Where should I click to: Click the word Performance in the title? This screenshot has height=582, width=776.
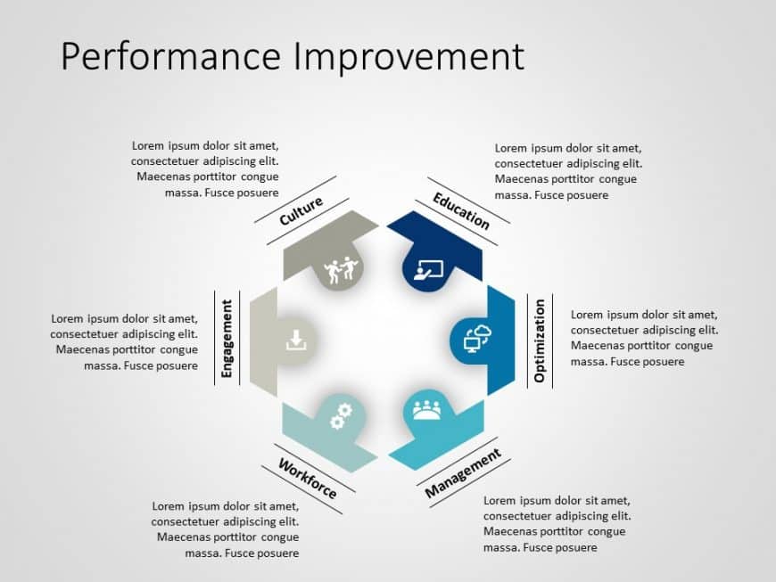click(170, 57)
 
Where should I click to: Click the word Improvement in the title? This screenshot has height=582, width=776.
click(408, 57)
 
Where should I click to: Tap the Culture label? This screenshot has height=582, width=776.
click(301, 210)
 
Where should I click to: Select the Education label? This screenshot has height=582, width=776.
click(461, 210)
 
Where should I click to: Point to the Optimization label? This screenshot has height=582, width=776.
click(540, 340)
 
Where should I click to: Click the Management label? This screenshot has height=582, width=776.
click(463, 473)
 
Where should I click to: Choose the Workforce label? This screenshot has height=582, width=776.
click(308, 479)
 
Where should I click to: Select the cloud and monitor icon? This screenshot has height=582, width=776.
click(478, 338)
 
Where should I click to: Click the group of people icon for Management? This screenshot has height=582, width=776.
click(426, 410)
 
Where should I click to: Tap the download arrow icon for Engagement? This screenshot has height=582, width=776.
click(296, 340)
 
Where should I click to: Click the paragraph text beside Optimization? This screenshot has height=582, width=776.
click(643, 338)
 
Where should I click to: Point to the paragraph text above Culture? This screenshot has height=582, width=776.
click(205, 169)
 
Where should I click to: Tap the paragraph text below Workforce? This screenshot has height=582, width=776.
click(226, 529)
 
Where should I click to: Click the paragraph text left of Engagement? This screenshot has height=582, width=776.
click(124, 341)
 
